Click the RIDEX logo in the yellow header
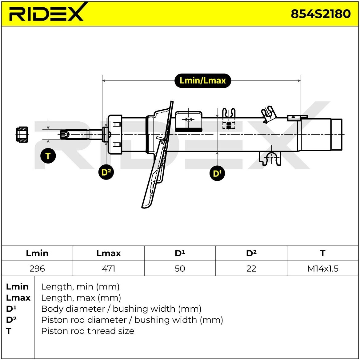[x=46, y=13]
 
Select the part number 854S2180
[x=320, y=14]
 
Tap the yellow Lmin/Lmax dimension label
[x=202, y=81]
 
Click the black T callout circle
[x=48, y=156]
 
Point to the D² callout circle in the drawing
[x=106, y=172]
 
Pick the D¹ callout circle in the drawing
[x=217, y=173]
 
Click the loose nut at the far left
[x=22, y=134]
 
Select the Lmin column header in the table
[x=37, y=253]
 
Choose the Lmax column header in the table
[x=108, y=253]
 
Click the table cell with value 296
[x=37, y=269]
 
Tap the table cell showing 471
[x=108, y=269]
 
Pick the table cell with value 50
[x=180, y=269]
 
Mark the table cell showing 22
[x=251, y=269]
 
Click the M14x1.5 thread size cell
[x=323, y=269]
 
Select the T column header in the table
[x=322, y=253]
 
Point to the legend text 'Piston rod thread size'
[x=88, y=331]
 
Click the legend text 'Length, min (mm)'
[x=80, y=287]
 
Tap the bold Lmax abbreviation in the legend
[x=18, y=298]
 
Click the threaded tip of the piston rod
[x=65, y=135]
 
